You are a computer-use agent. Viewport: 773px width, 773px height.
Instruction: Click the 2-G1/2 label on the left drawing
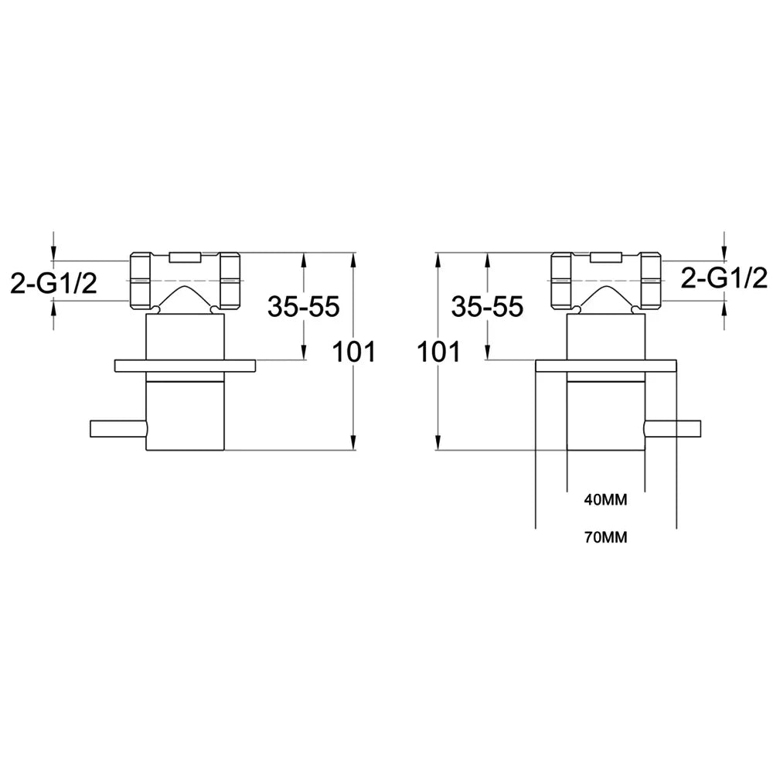click(x=54, y=284)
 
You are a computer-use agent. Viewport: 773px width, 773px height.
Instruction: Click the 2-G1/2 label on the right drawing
click(x=724, y=278)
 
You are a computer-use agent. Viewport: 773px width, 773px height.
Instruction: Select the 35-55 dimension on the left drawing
click(x=303, y=307)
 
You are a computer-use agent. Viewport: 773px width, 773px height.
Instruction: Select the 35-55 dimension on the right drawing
click(x=487, y=307)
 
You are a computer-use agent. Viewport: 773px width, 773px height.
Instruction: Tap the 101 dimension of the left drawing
click(x=354, y=352)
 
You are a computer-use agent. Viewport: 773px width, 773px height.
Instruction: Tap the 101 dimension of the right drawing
click(x=438, y=352)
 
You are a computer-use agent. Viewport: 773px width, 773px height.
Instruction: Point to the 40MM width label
click(x=606, y=500)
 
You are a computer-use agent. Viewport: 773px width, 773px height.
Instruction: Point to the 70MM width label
click(x=606, y=537)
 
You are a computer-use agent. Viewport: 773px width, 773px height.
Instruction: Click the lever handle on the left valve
click(x=118, y=428)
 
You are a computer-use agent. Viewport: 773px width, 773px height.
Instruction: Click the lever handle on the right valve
click(x=673, y=428)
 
